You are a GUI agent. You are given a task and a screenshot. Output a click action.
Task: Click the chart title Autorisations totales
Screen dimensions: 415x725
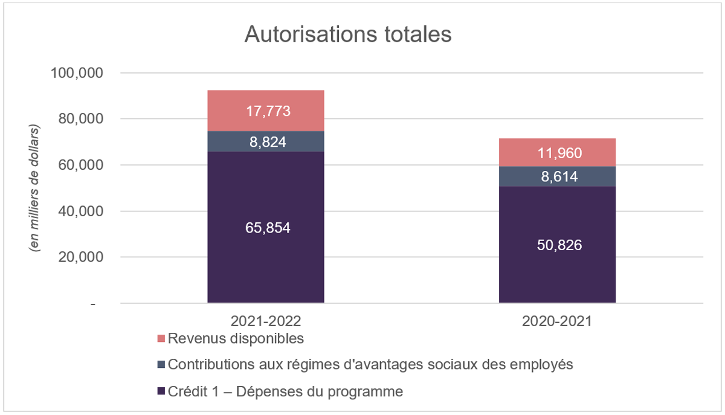coord(347,34)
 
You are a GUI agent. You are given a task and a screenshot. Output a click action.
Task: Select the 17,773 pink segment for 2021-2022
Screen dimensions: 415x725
coord(266,111)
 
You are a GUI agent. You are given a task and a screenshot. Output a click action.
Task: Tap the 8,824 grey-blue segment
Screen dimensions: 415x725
coord(266,142)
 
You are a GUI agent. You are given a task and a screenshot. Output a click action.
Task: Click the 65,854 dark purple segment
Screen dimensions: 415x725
coord(266,228)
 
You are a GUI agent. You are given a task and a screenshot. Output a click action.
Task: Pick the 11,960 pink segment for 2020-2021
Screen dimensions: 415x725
coord(557,153)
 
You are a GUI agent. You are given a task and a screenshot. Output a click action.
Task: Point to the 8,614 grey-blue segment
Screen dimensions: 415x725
coord(557,176)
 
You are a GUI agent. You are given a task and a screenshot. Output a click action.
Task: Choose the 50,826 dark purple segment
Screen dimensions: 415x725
coord(557,245)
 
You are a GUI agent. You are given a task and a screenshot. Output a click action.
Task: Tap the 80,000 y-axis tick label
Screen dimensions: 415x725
coord(82,119)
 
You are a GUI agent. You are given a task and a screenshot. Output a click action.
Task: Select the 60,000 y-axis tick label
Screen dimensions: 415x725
coord(82,165)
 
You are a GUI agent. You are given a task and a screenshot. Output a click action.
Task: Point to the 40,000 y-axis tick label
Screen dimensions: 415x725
coord(82,211)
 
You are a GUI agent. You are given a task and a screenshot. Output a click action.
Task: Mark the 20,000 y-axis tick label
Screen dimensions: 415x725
coord(82,257)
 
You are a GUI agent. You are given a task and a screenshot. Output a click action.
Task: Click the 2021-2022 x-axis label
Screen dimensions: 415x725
coord(266,321)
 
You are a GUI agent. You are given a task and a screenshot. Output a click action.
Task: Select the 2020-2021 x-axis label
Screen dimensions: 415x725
coord(557,321)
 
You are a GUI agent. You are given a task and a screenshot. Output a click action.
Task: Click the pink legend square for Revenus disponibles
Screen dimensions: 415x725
coord(161,339)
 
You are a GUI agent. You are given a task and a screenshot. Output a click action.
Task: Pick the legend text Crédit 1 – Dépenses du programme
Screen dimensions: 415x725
coord(285,391)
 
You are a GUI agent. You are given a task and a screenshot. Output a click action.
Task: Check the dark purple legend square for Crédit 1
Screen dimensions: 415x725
coord(161,392)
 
